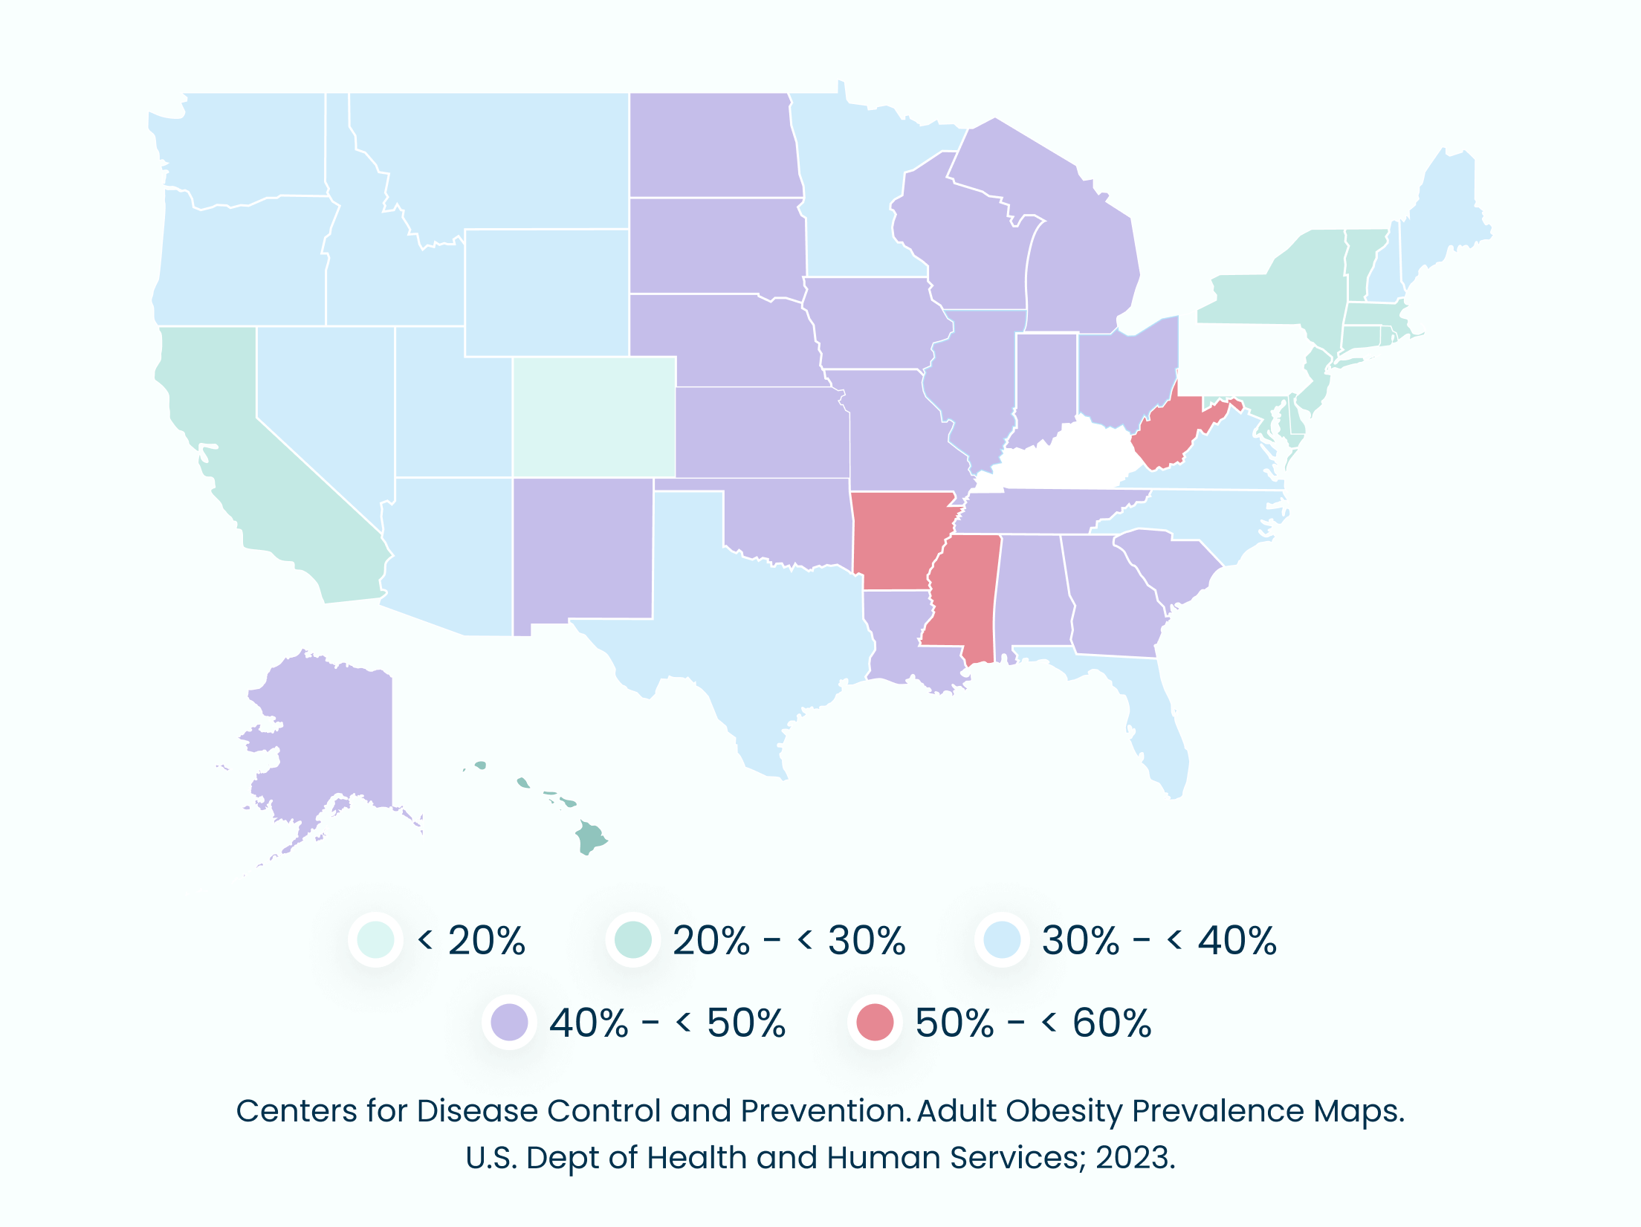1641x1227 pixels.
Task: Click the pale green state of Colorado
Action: coord(594,417)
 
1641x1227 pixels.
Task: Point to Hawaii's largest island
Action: coord(591,838)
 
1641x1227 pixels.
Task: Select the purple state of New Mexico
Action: coord(582,550)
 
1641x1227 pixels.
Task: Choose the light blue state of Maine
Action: coord(1446,216)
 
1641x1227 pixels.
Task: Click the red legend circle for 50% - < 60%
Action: coord(875,1022)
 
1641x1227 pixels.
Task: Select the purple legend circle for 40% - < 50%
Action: coord(509,1022)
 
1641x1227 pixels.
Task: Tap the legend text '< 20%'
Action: coord(471,940)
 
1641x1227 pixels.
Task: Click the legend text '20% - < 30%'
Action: coord(788,940)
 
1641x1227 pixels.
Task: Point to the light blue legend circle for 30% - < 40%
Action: coord(1002,940)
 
